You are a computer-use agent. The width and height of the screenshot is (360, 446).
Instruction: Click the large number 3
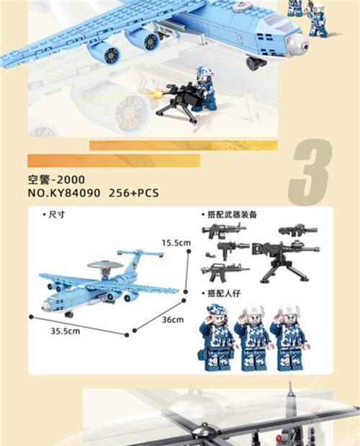(x=310, y=173)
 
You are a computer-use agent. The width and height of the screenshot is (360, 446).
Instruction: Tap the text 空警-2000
(x=55, y=180)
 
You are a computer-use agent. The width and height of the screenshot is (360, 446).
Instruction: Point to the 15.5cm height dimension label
(x=176, y=243)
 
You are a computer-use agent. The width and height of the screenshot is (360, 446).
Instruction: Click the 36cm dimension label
(x=172, y=319)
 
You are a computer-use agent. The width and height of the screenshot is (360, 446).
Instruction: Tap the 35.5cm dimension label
(x=64, y=331)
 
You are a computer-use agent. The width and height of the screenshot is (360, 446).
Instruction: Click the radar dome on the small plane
(x=101, y=266)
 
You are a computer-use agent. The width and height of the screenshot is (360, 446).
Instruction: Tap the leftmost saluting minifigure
(x=216, y=336)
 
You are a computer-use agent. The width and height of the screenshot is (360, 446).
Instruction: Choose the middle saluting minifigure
(x=252, y=336)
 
